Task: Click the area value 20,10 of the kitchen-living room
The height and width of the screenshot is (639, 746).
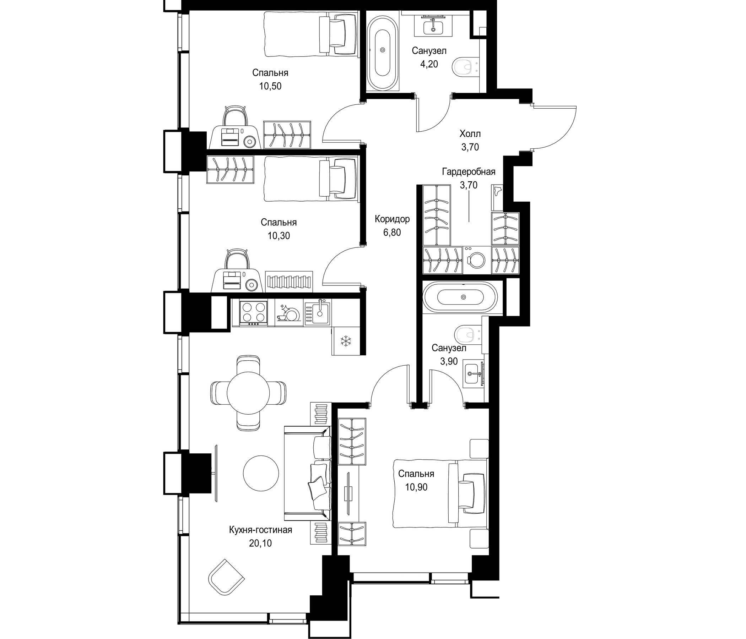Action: (x=260, y=543)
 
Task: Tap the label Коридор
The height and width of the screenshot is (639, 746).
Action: (x=392, y=219)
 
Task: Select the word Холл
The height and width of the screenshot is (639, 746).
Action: (x=470, y=134)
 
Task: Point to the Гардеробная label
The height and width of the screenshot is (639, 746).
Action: (x=469, y=172)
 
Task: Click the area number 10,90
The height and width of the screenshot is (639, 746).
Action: (x=416, y=487)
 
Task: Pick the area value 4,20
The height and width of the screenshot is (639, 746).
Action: (x=429, y=64)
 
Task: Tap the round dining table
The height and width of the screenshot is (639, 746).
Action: (x=248, y=393)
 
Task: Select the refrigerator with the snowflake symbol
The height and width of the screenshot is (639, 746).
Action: (x=346, y=341)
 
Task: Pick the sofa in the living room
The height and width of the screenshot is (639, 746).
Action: (x=308, y=473)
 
